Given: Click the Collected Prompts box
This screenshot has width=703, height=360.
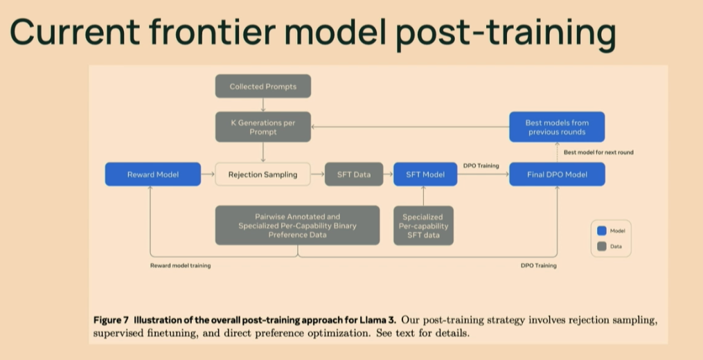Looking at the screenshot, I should point(262,87).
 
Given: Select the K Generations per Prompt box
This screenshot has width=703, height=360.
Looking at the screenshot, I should point(262,127).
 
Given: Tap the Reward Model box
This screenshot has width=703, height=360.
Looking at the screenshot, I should point(152,174).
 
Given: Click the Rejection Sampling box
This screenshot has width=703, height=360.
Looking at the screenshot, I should point(262,174).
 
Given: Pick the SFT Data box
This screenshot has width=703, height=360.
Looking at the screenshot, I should point(353,174).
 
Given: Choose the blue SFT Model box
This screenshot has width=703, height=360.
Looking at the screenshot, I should point(425,174).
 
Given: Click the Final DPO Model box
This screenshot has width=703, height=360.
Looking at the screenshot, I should point(557,174).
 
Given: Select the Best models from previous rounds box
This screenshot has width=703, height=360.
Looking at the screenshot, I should point(557,127).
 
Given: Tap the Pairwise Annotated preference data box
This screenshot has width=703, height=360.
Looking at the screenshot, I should point(297,225).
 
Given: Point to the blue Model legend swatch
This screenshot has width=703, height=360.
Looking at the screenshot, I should point(601,231).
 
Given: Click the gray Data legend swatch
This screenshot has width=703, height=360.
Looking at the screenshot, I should point(601,246).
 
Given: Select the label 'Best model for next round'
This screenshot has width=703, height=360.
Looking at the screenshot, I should point(598,152).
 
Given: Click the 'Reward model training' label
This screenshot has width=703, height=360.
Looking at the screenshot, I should point(181,265).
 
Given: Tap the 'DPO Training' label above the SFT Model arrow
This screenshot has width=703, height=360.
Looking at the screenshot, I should point(481,165).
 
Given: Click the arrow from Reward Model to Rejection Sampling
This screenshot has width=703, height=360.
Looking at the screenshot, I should point(208,174).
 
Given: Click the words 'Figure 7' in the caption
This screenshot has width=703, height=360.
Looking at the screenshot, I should point(111,321).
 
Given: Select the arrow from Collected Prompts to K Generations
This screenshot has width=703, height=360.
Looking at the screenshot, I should point(262,105).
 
